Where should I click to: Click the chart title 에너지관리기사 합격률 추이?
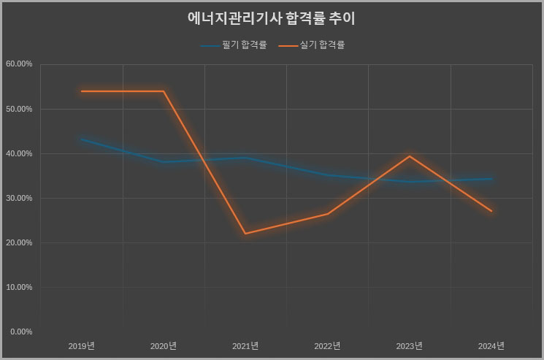click(271, 18)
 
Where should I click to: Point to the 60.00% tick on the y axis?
click(19, 64)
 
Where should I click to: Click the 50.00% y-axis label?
click(19, 109)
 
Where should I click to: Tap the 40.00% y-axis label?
click(19, 153)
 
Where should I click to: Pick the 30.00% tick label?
click(19, 198)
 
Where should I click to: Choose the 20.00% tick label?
click(19, 242)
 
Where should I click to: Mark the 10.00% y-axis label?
click(19, 287)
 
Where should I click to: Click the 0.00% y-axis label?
click(20, 332)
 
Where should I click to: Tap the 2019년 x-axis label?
click(82, 345)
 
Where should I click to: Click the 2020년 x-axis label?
click(164, 345)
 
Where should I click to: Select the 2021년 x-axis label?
click(245, 345)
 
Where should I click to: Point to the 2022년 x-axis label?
click(327, 345)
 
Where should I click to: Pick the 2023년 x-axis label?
click(410, 345)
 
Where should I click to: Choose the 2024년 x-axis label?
click(491, 345)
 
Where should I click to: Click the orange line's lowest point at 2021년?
click(245, 234)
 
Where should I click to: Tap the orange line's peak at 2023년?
click(410, 156)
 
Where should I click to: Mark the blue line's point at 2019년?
click(82, 139)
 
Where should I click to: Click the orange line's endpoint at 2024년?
click(491, 211)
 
